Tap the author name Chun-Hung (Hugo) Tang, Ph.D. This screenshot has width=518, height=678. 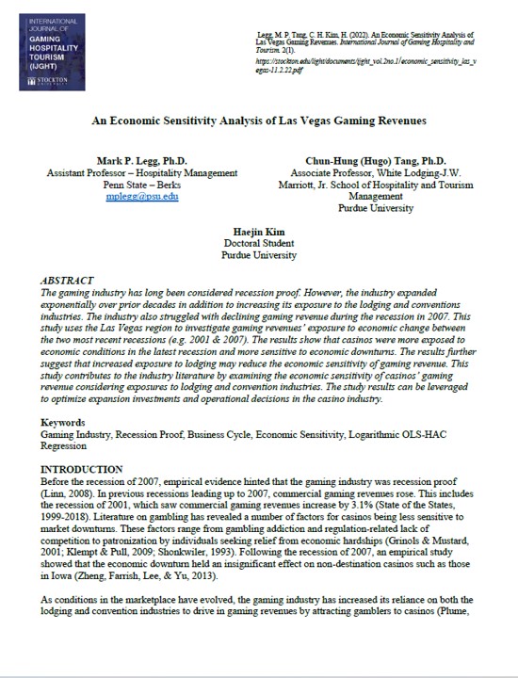[x=375, y=161]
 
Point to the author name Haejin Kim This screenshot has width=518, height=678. [x=259, y=231]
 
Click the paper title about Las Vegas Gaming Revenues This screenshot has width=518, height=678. [x=258, y=122]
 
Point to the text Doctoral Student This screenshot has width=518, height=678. [x=259, y=243]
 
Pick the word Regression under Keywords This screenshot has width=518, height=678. [x=69, y=446]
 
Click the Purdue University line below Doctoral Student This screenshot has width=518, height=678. [x=259, y=255]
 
